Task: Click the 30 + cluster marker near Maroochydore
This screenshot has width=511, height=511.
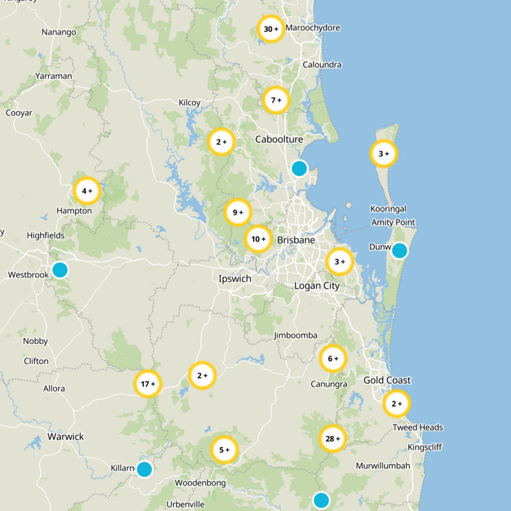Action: click(271, 29)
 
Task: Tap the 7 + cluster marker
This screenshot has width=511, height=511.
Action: click(276, 100)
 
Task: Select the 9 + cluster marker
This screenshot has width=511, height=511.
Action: click(238, 213)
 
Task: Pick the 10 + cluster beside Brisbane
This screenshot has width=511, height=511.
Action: click(258, 240)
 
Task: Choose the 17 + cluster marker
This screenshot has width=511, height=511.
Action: click(148, 384)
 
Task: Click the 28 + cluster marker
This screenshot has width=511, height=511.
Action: click(332, 439)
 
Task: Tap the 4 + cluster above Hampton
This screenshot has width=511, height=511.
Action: click(87, 190)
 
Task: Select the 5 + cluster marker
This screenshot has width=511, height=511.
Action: click(224, 450)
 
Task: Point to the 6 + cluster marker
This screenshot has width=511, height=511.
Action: click(333, 358)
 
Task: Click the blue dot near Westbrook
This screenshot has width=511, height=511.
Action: click(59, 270)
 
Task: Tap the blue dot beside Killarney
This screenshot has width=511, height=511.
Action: click(144, 469)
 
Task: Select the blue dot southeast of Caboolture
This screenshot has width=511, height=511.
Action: click(299, 168)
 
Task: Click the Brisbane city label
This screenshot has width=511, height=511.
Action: click(296, 240)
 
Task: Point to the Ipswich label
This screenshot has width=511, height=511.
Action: click(234, 279)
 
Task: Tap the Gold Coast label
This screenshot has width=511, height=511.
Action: click(387, 380)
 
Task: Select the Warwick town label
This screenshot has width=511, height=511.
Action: click(66, 437)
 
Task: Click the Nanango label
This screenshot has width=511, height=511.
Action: click(58, 32)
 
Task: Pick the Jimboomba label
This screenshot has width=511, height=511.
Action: click(296, 335)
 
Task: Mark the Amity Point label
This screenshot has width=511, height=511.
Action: click(393, 222)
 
